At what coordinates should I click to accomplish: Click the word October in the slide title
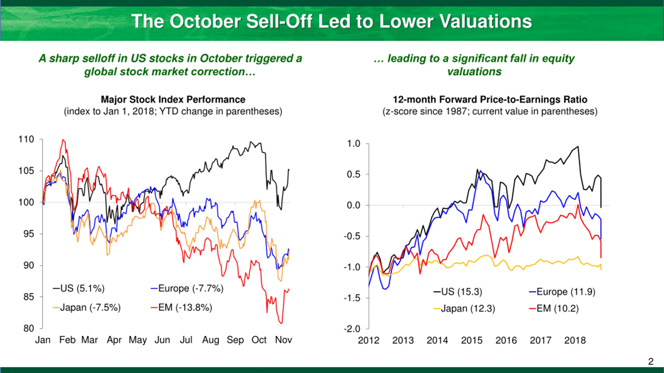205,21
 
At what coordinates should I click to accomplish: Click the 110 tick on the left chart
26,139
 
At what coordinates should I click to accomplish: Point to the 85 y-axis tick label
29,297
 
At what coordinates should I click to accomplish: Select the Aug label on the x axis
210,340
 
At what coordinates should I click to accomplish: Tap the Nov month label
283,340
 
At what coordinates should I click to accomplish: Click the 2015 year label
472,340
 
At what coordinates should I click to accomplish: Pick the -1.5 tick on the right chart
352,298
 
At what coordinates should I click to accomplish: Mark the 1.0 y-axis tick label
354,144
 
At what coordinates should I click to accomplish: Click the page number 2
651,361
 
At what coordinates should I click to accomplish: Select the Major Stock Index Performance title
173,100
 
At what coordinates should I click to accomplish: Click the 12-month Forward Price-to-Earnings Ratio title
490,100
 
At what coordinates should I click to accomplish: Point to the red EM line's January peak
63,140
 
